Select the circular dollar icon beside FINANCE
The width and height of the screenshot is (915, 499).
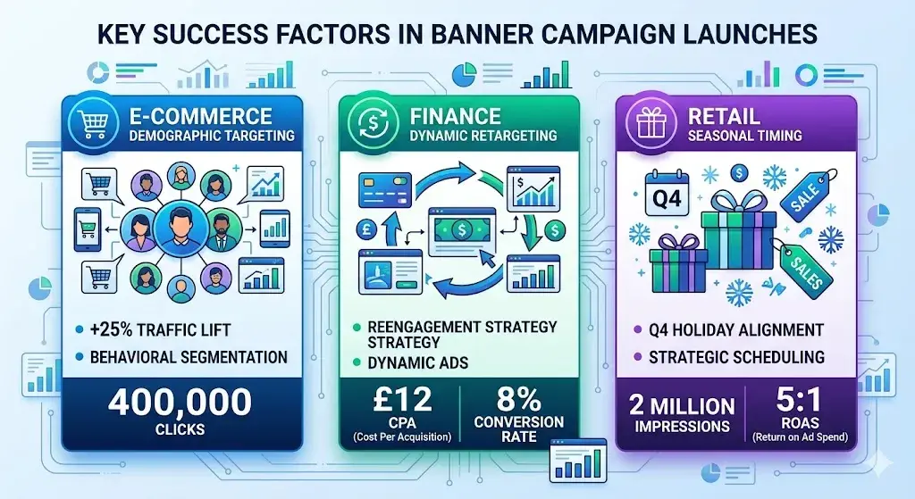[366, 123]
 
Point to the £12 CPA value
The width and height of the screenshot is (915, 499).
[398, 399]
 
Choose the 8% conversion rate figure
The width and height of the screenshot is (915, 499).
[519, 399]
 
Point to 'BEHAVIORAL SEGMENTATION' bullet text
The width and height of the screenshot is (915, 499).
[188, 357]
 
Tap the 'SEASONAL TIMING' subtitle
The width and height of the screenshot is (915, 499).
[744, 136]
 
